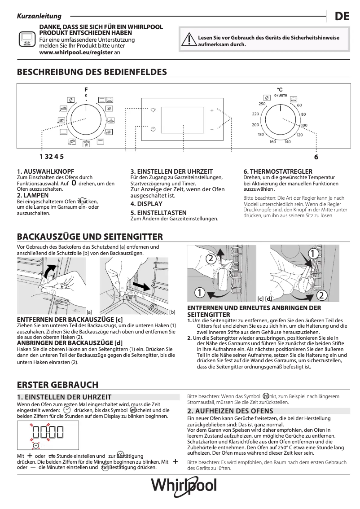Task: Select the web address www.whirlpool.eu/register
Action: (x=76, y=52)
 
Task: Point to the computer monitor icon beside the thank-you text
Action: (x=26, y=39)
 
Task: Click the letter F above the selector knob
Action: (x=86, y=90)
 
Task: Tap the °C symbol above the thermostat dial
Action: (x=280, y=90)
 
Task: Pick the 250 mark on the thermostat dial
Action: (x=262, y=104)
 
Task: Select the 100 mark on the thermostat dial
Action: (x=304, y=125)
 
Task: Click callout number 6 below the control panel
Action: (x=316, y=157)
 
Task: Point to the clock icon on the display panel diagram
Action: (x=153, y=129)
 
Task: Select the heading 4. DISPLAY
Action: (x=146, y=204)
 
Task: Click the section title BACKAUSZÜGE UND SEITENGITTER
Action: (x=90, y=237)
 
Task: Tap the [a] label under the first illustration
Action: (x=89, y=312)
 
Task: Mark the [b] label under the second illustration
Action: (x=172, y=312)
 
